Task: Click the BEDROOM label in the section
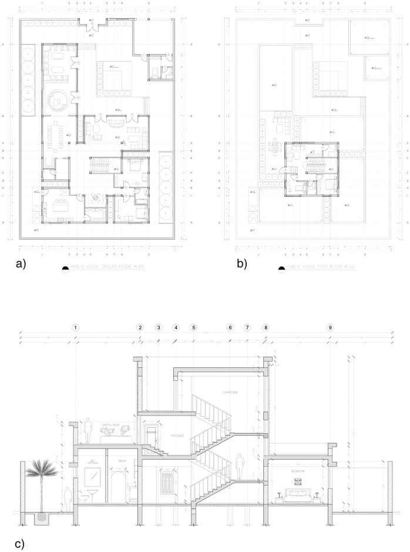point(298,471)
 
